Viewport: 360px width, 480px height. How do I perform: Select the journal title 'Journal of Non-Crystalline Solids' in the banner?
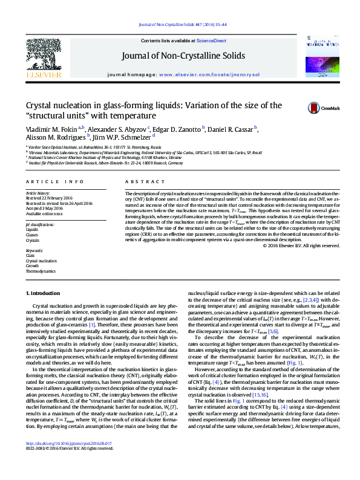pyautogui.click(x=183, y=56)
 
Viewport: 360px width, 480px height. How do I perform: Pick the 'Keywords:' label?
pyautogui.click(x=34, y=250)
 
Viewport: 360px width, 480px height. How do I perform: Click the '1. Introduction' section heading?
pyautogui.click(x=43, y=293)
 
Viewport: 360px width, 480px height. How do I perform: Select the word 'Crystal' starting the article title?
pyautogui.click(x=36, y=106)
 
